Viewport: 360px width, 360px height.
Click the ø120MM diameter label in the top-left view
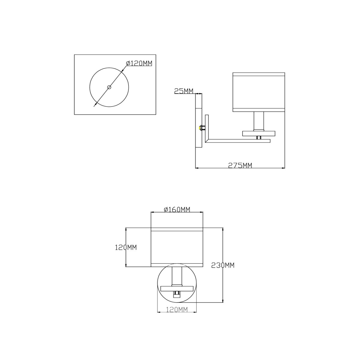click(x=139, y=64)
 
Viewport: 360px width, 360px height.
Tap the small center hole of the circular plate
click(x=109, y=87)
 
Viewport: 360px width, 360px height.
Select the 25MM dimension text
click(x=184, y=91)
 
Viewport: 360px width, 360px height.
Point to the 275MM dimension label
click(x=240, y=165)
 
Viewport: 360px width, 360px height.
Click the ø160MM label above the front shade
click(x=177, y=210)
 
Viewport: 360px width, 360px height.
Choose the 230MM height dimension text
click(x=223, y=265)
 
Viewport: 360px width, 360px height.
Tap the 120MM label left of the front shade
click(x=126, y=247)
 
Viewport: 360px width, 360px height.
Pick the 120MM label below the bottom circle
click(x=177, y=310)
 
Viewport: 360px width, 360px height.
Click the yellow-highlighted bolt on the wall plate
click(x=200, y=128)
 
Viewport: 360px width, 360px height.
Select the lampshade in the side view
click(x=259, y=92)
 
